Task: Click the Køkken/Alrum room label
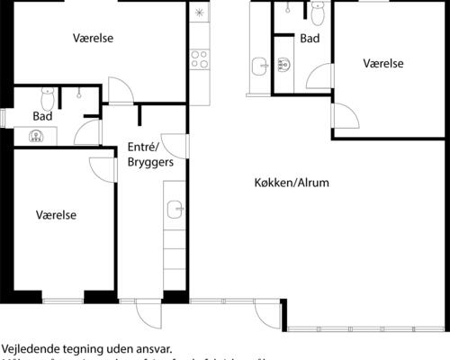pos(291,183)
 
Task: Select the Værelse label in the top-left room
pos(96,39)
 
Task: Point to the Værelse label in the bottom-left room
pos(56,215)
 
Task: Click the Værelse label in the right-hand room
pos(382,64)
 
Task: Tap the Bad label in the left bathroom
pos(42,116)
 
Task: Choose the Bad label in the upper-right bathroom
pos(310,39)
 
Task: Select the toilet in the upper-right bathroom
pos(317,13)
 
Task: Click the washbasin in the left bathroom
pos(36,137)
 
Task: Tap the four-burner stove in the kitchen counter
pos(199,60)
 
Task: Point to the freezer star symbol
pos(199,13)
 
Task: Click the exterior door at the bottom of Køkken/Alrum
pos(266,311)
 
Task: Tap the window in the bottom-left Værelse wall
pos(63,298)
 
